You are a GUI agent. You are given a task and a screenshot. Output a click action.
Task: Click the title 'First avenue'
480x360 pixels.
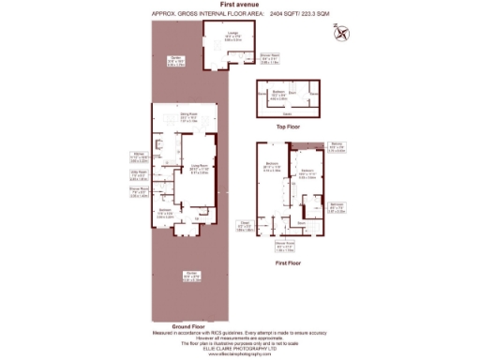(x=240, y=5)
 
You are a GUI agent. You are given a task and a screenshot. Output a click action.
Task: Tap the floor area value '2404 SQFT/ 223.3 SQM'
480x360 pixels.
(x=298, y=14)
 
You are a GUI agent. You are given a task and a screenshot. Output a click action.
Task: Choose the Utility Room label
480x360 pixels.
(x=138, y=175)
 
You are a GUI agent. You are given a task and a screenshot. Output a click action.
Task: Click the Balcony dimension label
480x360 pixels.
(x=338, y=146)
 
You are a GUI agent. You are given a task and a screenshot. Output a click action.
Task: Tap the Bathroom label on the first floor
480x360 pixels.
(x=337, y=207)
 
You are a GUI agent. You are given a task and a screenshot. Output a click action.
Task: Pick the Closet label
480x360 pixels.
(x=243, y=226)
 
